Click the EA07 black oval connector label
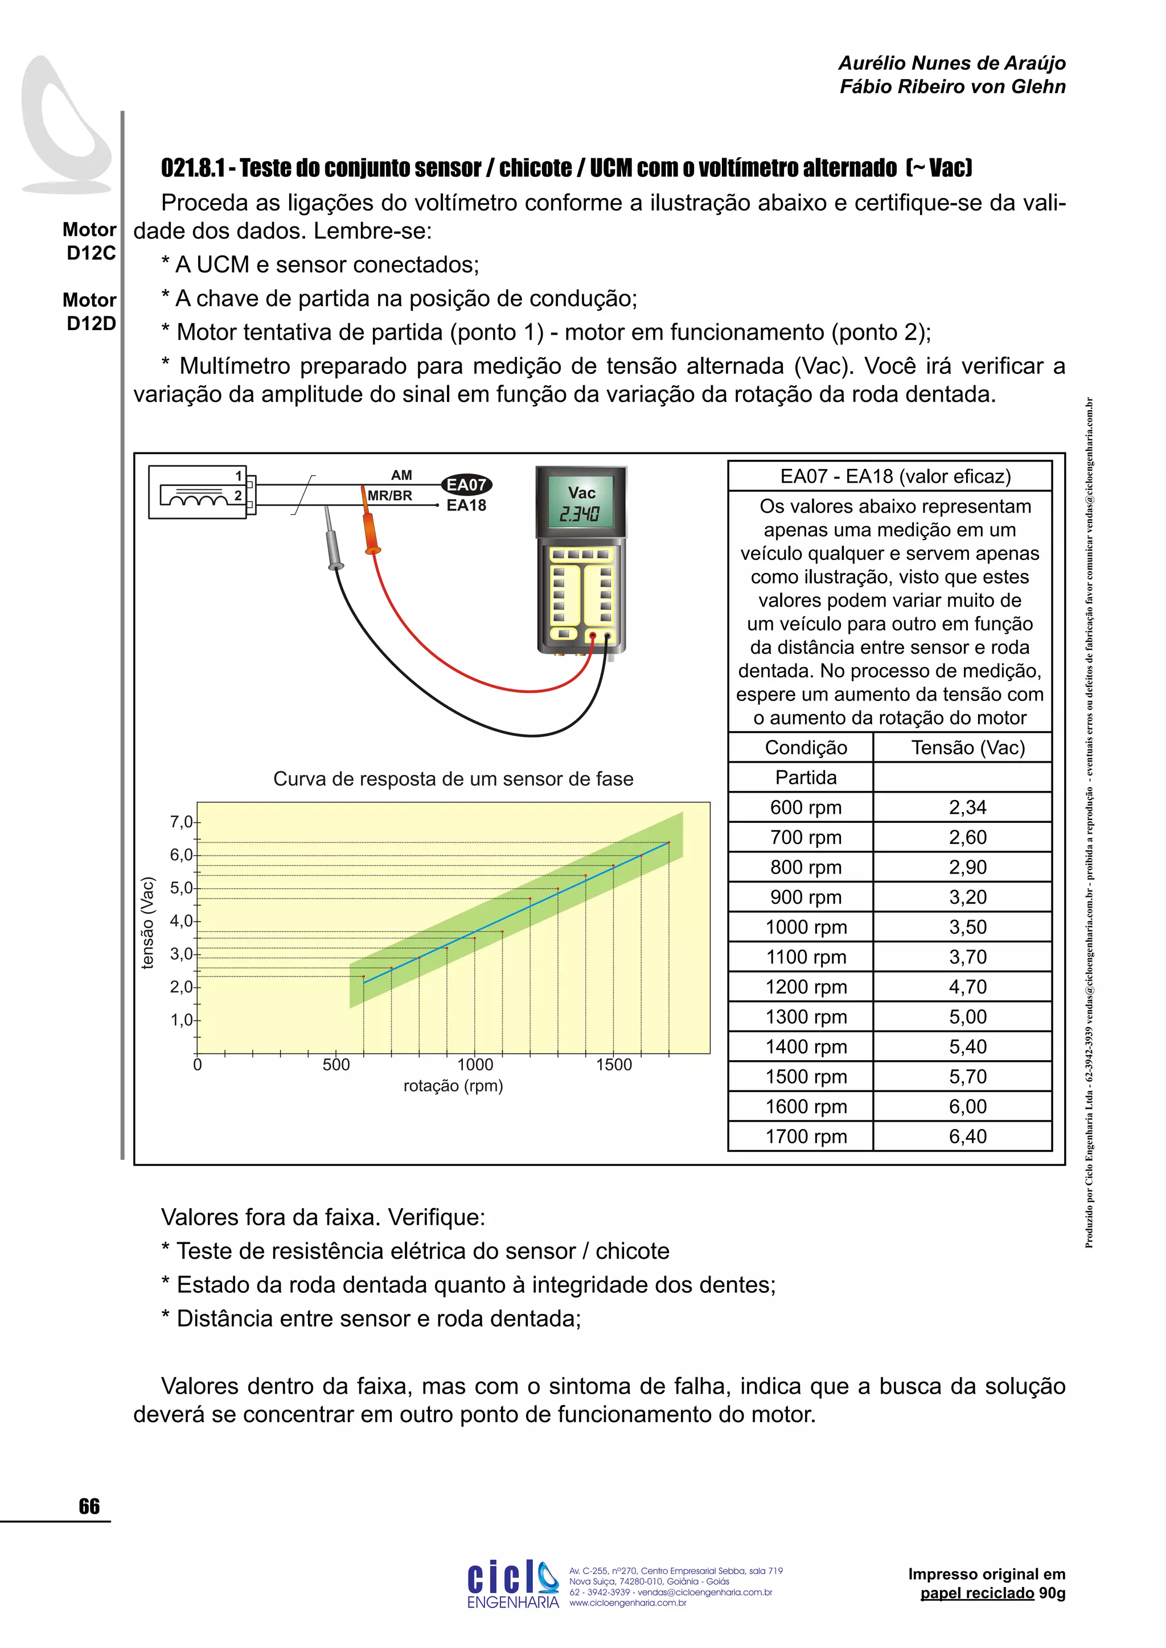pos(466,485)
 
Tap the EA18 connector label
pos(466,505)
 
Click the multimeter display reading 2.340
pos(580,514)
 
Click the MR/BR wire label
pos(390,495)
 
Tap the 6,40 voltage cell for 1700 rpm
pos(967,1136)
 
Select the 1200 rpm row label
pos(806,987)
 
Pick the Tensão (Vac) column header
pos(967,748)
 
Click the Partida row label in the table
pos(806,777)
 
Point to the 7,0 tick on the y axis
pos(182,822)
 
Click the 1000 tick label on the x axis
pos(475,1065)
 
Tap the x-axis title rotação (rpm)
pos(453,1086)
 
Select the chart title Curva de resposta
pos(453,780)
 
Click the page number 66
pos(89,1506)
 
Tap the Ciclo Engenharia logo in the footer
pos(512,1584)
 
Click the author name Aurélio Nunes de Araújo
pos(951,63)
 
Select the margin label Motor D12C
pos(90,241)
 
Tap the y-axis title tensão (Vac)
pos(148,923)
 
